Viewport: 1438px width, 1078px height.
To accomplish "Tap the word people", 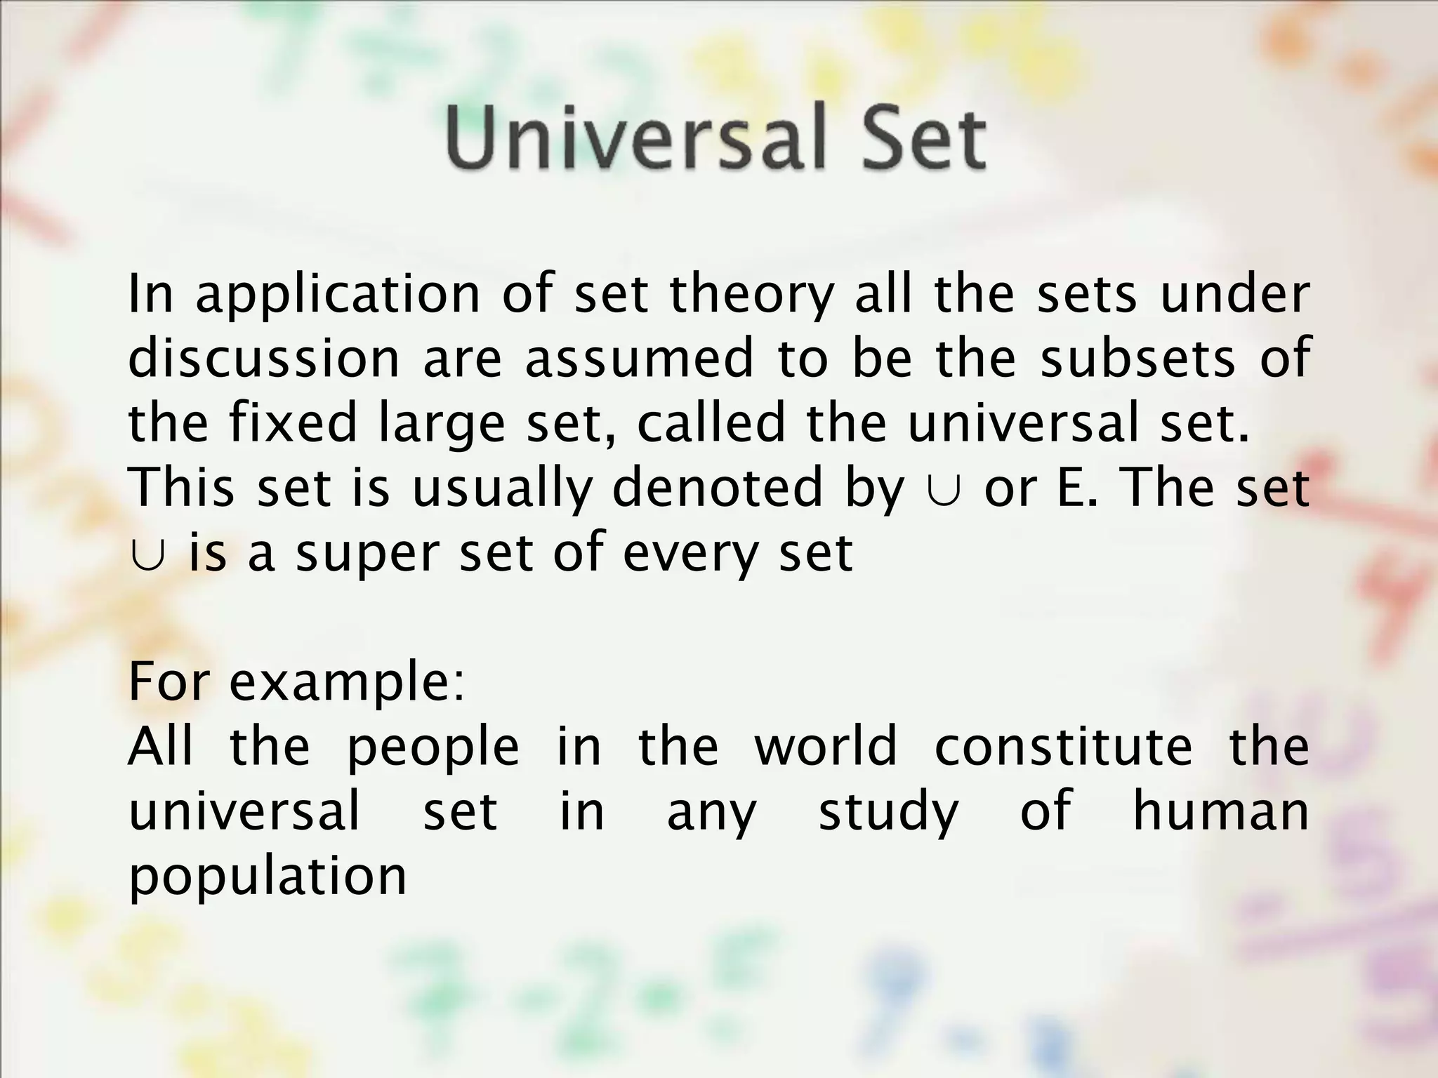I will coord(433,748).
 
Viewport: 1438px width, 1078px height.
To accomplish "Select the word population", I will coord(268,877).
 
